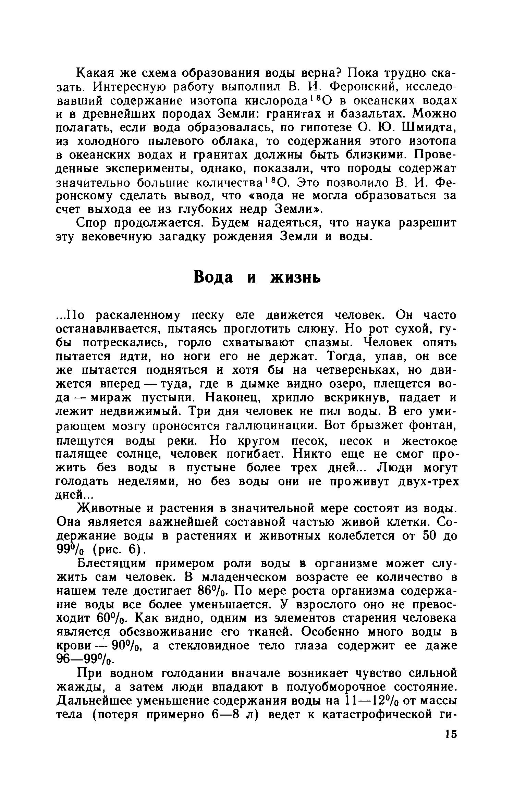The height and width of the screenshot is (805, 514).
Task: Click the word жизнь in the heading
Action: (296, 277)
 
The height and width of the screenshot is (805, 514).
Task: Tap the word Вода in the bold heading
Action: (213, 277)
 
